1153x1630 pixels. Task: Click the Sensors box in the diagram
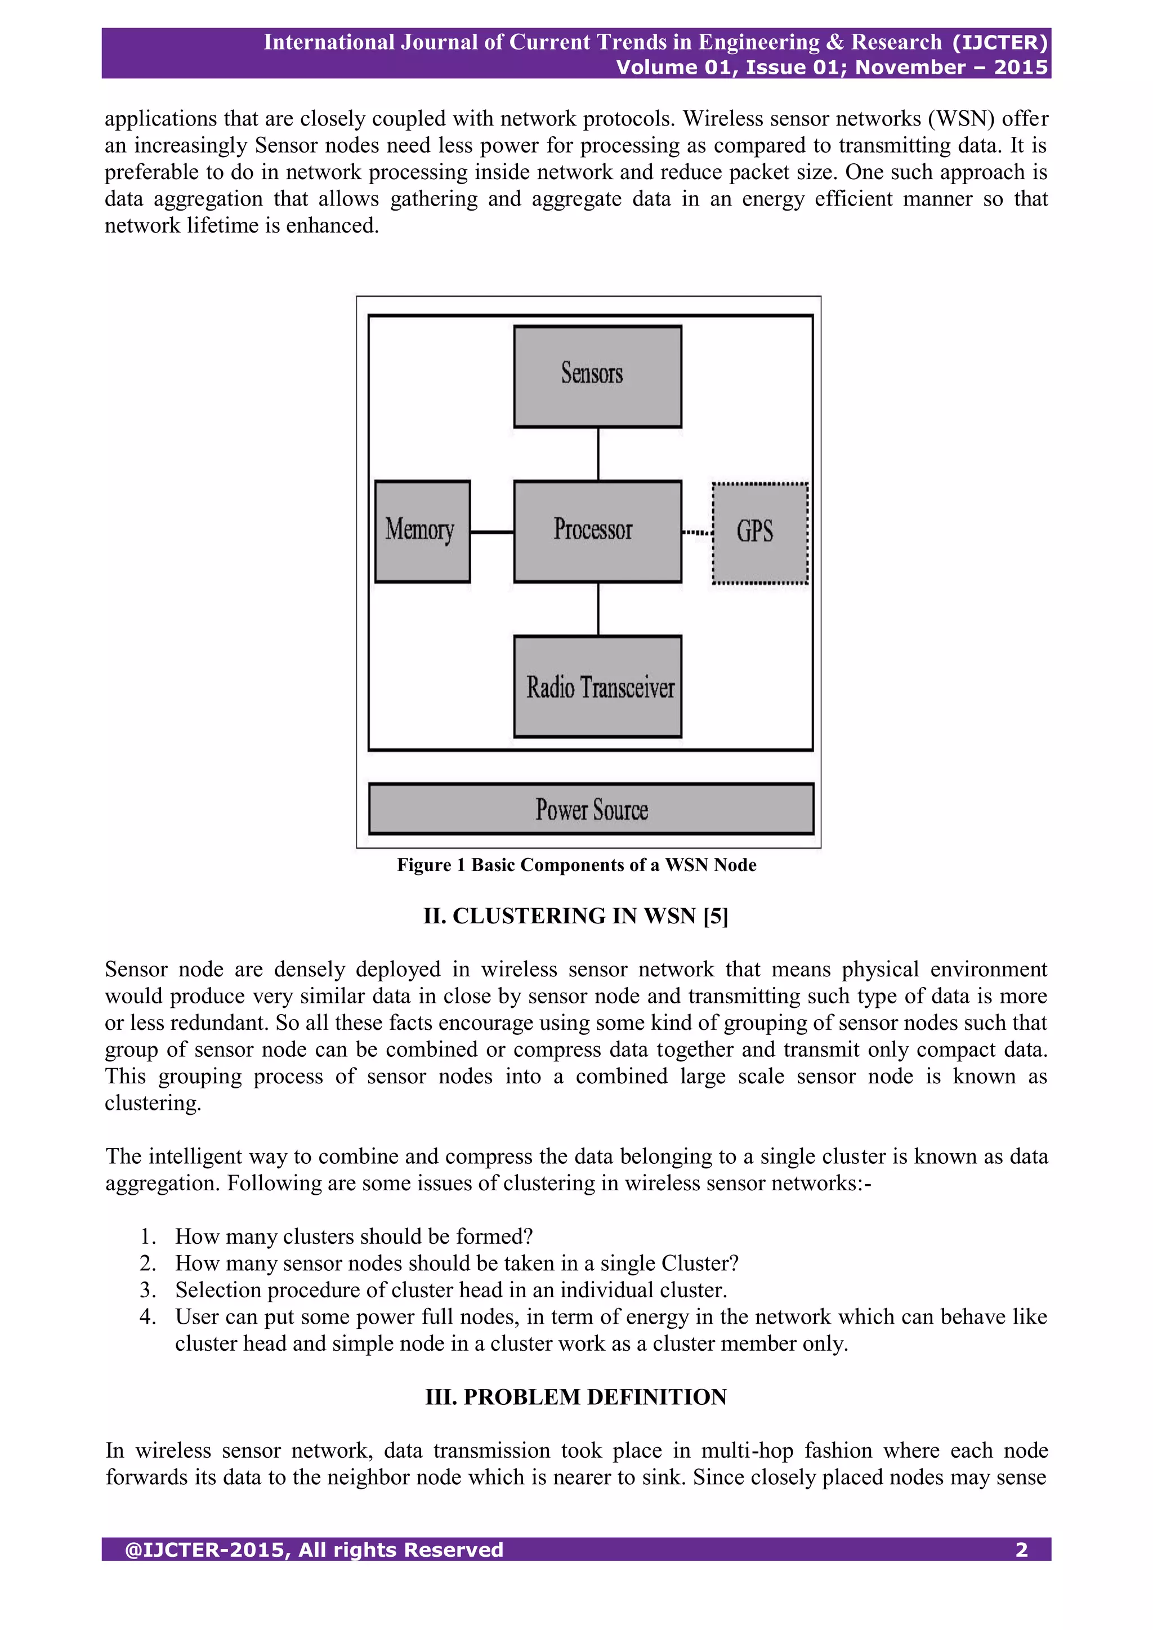(597, 376)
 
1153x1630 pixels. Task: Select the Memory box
(422, 531)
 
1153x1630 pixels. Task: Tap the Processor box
(597, 531)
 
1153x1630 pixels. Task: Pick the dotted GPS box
(759, 533)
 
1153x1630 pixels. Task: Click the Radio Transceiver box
(597, 686)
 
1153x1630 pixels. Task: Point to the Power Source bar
(591, 809)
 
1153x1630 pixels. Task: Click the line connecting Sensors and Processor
(598, 454)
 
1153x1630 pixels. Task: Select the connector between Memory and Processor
(491, 532)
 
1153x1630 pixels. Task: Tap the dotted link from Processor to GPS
(696, 533)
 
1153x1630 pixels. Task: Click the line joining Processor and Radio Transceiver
(598, 609)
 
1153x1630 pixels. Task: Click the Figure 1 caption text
(576, 865)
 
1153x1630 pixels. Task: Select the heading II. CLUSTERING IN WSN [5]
(576, 916)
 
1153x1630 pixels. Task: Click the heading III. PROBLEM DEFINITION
(576, 1396)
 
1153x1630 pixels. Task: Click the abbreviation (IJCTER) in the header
(1000, 43)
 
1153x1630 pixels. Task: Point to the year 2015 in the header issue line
(1020, 68)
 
